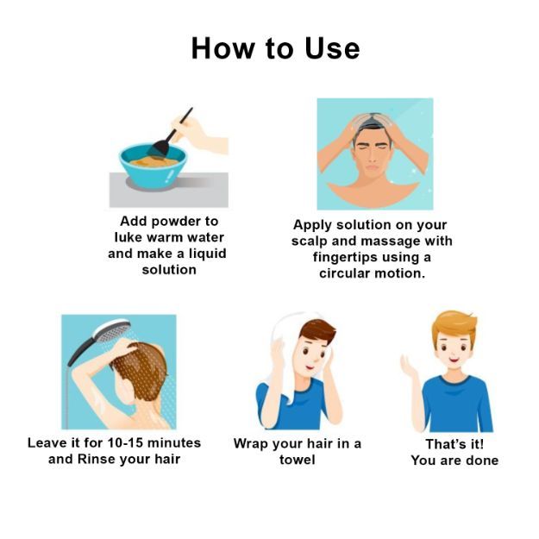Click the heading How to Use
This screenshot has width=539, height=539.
click(275, 48)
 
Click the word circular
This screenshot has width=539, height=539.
click(344, 273)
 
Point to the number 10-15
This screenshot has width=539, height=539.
click(125, 442)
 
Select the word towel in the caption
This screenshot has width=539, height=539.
click(297, 460)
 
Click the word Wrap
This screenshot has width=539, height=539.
click(251, 444)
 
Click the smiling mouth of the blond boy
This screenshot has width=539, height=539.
click(454, 360)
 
